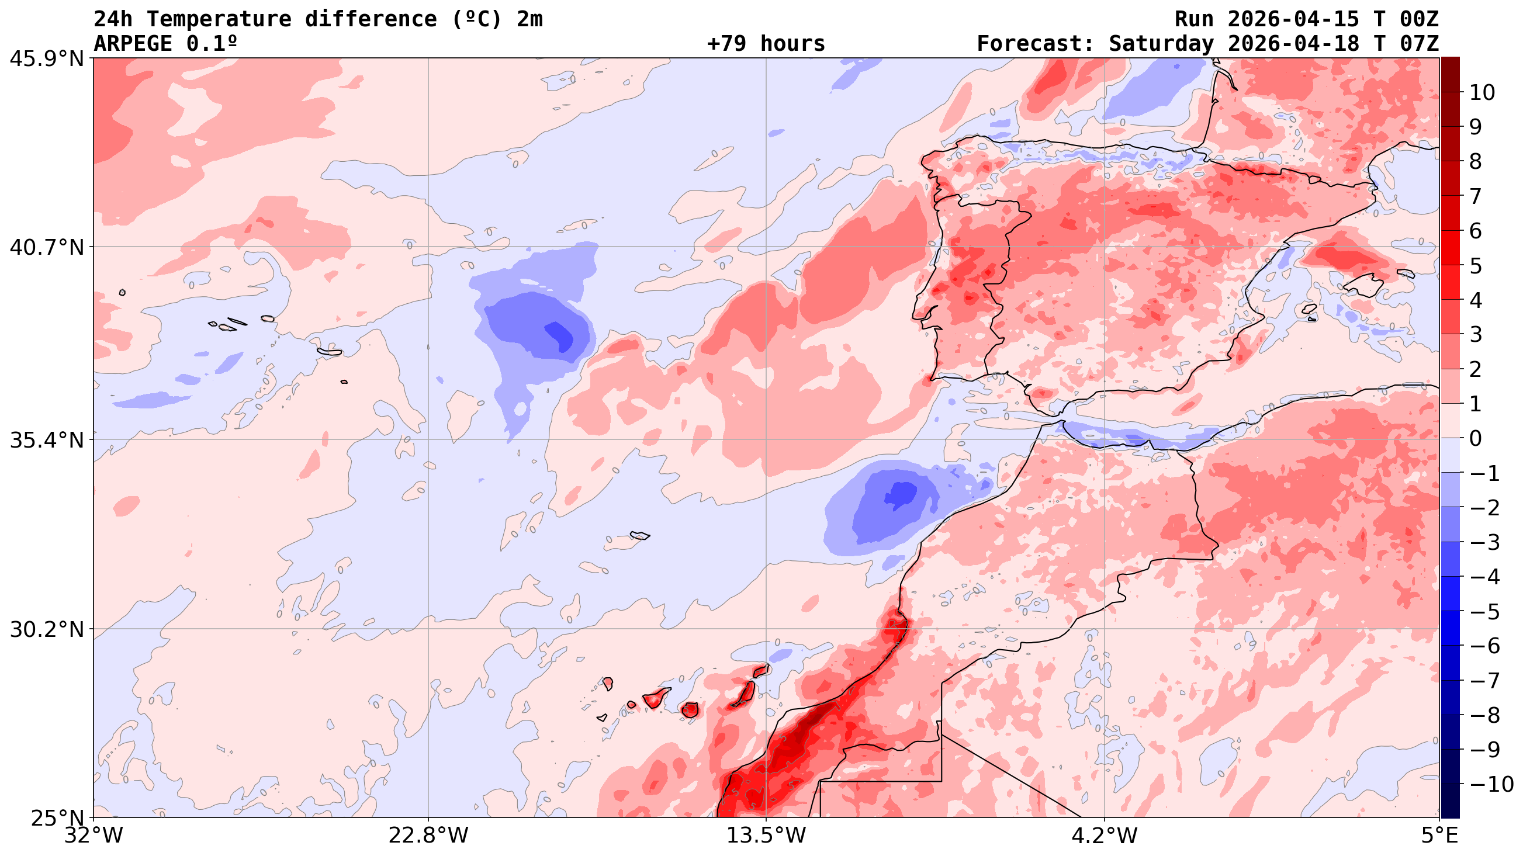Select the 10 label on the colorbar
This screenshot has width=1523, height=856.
click(x=1482, y=93)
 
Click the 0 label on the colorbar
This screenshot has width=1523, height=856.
click(x=1476, y=439)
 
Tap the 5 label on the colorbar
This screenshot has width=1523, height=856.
click(x=1476, y=266)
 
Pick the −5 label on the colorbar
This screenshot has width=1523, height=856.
click(x=1484, y=612)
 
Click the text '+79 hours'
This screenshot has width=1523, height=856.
click(x=766, y=44)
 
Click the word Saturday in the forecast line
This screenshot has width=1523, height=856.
click(x=1161, y=44)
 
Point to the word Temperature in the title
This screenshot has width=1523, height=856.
click(x=219, y=19)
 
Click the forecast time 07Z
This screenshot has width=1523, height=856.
click(x=1419, y=44)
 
